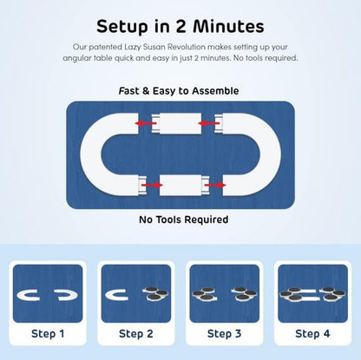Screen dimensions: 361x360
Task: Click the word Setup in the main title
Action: coord(122,27)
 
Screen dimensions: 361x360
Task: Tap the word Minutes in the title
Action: coord(228,26)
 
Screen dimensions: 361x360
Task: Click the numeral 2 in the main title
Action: coord(180,27)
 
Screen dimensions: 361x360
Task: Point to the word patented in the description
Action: coord(105,47)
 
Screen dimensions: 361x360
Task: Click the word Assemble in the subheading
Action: coord(215,91)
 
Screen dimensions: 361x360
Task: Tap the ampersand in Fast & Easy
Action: coord(146,91)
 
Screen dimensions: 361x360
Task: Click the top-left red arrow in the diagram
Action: coord(146,123)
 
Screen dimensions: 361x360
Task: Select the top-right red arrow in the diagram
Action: coord(209,123)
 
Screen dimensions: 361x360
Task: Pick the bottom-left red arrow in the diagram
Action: coord(152,185)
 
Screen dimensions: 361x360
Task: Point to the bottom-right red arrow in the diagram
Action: coord(215,185)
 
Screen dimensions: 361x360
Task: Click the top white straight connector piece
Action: coord(176,123)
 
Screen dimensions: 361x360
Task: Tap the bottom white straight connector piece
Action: coord(185,185)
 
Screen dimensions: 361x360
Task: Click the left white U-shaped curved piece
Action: coord(90,154)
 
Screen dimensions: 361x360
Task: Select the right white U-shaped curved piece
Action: coord(271,154)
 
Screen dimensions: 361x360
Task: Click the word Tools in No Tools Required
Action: coord(169,219)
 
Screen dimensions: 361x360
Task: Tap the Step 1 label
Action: coord(48,334)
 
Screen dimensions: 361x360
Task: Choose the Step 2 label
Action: coord(136,334)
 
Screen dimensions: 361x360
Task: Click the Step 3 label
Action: coord(224,334)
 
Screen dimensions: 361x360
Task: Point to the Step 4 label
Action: coord(312,334)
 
